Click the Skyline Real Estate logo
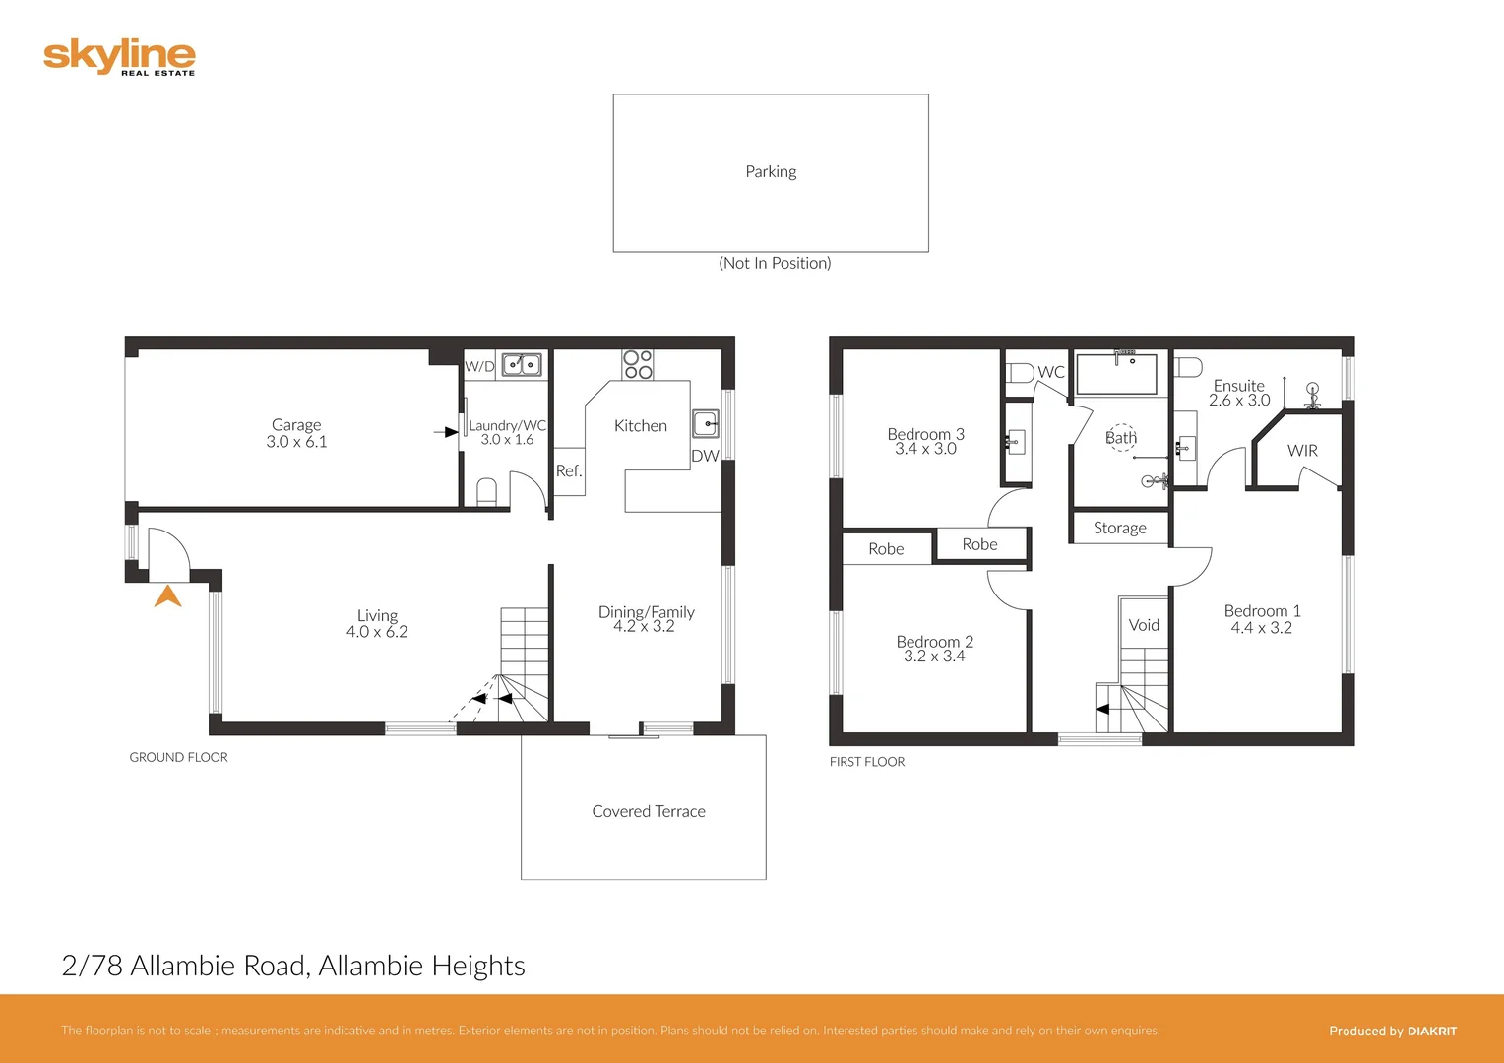[x=119, y=57]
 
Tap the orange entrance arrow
[x=168, y=596]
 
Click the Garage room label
[x=296, y=425]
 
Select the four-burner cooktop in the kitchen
[x=638, y=365]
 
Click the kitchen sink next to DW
[x=705, y=424]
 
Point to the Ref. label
[x=569, y=471]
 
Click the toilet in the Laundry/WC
[x=486, y=491]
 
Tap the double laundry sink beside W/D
[x=522, y=365]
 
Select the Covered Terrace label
[x=649, y=811]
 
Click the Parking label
[x=771, y=171]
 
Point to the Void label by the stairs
[x=1144, y=625]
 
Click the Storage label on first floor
[x=1120, y=528]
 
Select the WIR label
[x=1302, y=451]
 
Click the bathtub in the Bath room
[x=1117, y=375]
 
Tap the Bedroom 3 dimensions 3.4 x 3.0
[x=925, y=449]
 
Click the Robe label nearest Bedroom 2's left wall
[x=886, y=549]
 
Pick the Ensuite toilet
[x=1189, y=367]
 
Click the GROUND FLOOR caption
[x=178, y=757]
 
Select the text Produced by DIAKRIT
[x=1392, y=1031]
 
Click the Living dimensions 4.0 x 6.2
[x=377, y=632]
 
